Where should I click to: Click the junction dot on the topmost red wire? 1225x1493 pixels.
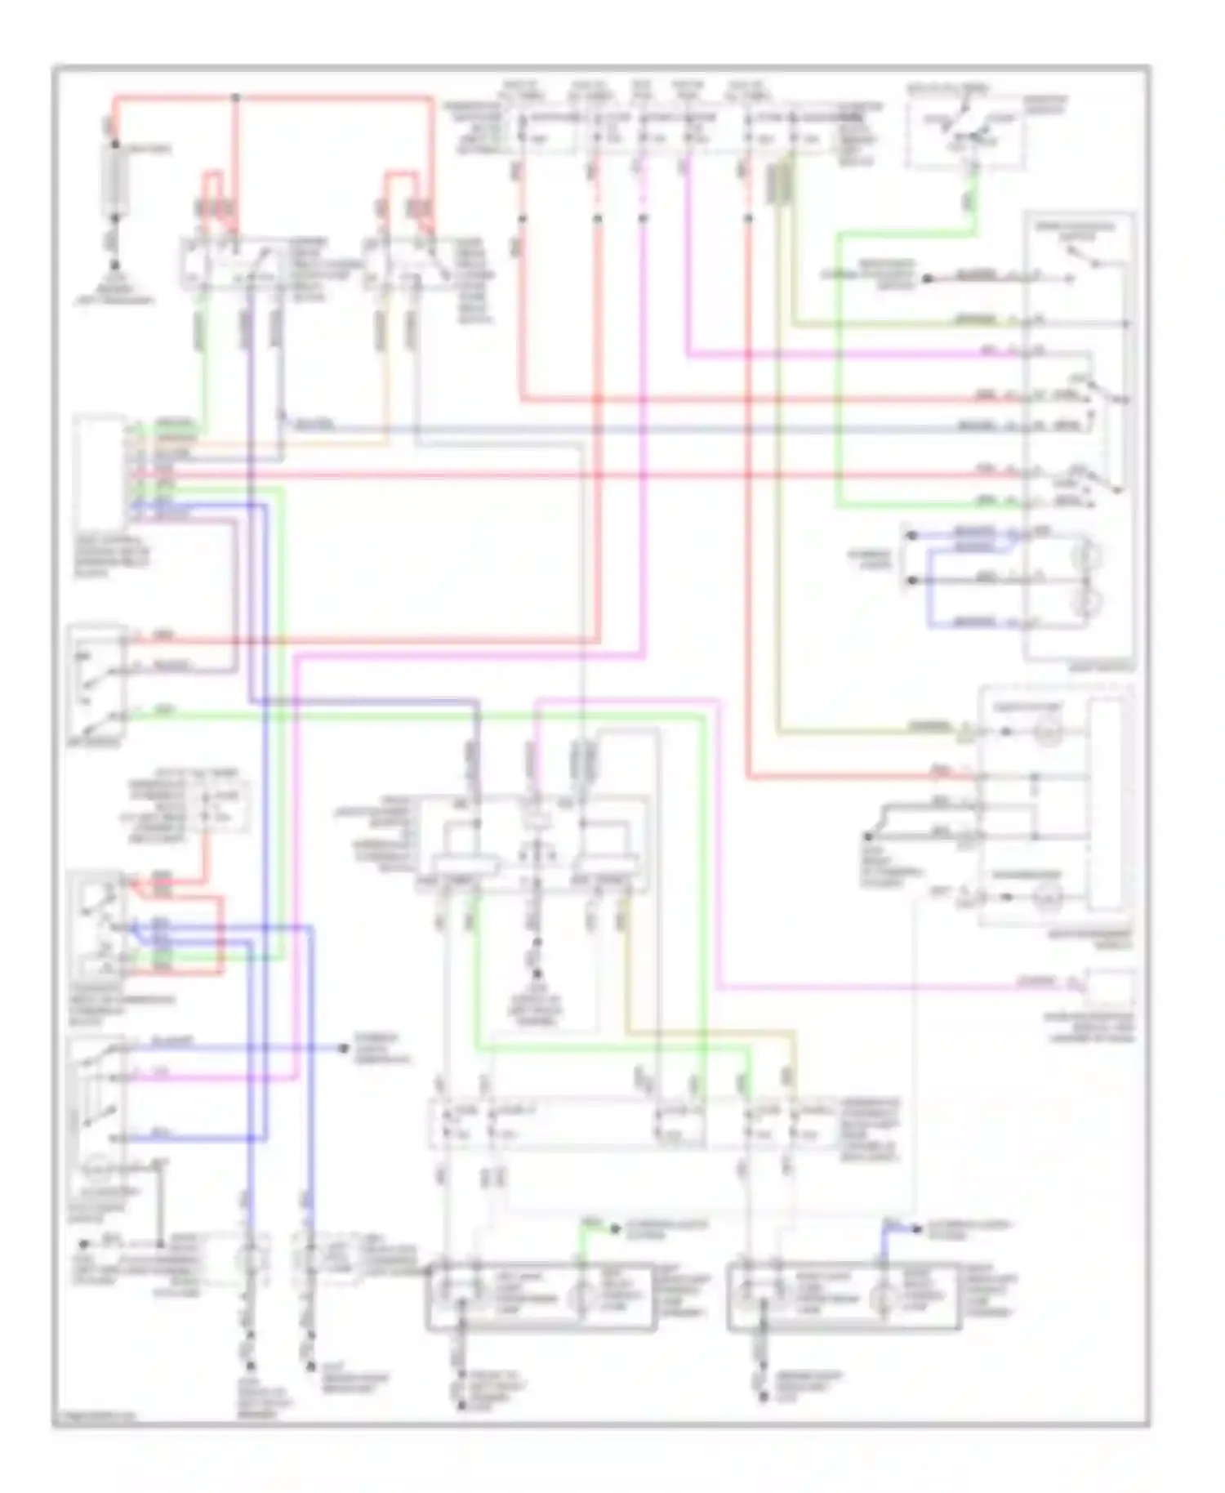pyautogui.click(x=235, y=97)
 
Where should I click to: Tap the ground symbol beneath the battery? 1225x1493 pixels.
pyautogui.click(x=115, y=265)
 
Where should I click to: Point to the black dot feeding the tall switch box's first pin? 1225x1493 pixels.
pyautogui.click(x=927, y=279)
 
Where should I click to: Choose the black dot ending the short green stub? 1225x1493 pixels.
pyautogui.click(x=615, y=1228)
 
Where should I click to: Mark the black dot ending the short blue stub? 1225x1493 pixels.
pyautogui.click(x=919, y=1228)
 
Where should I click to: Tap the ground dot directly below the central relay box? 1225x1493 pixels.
pyautogui.click(x=537, y=974)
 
